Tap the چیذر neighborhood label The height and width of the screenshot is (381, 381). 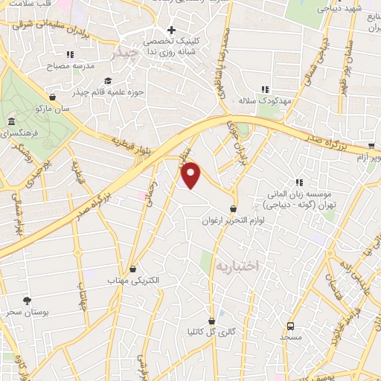124,54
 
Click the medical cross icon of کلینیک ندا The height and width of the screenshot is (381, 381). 170,30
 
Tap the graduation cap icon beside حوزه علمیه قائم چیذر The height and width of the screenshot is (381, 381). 108,81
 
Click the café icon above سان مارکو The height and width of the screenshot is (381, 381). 52,97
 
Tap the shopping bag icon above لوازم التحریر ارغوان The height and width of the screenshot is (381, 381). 234,209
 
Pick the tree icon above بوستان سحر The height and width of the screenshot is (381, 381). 28,301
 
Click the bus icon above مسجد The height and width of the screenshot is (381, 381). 291,325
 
